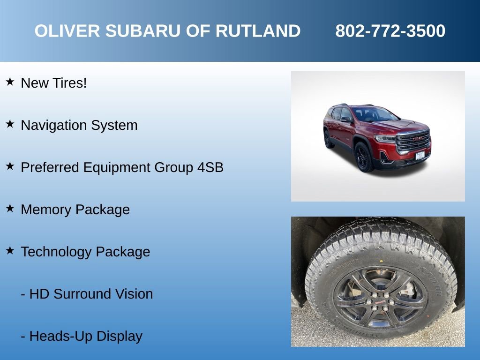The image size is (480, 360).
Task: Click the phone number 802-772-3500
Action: coord(390,31)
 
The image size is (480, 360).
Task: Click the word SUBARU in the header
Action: coord(142,31)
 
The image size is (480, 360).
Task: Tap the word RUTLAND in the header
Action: coord(257,31)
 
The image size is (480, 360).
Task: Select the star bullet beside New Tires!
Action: coord(10,82)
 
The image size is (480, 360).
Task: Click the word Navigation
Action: coord(54,126)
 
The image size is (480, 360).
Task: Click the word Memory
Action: coord(46,210)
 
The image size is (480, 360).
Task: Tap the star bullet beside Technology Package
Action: coord(10,251)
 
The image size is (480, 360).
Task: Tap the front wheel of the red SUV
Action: coord(364,157)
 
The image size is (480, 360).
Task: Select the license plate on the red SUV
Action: coord(420,155)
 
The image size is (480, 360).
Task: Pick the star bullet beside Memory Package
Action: coord(10,209)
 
